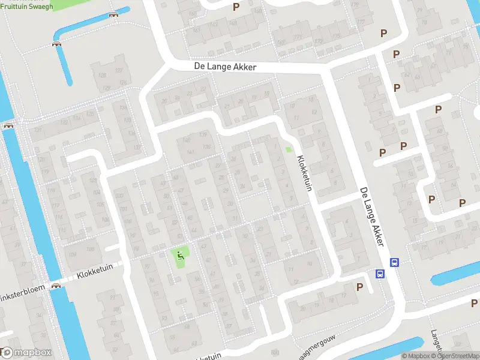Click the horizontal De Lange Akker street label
click(x=225, y=67)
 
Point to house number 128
click(x=102, y=74)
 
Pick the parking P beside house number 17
click(x=359, y=287)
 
